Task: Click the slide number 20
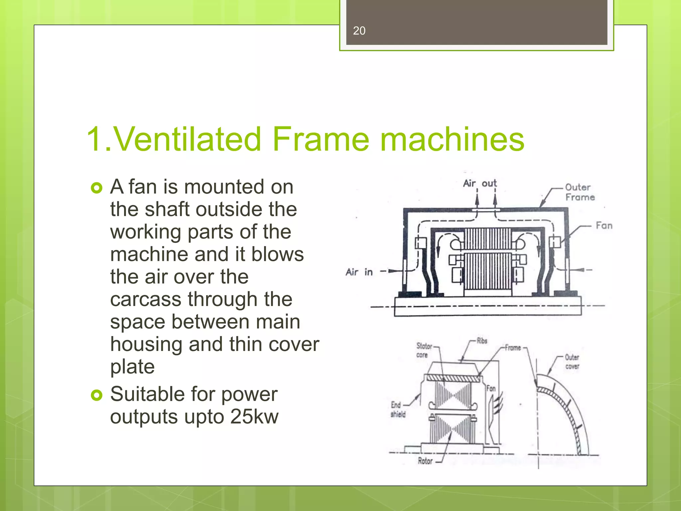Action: tap(359, 31)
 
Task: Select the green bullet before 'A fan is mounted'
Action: tap(96, 188)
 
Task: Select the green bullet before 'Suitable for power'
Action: tap(96, 396)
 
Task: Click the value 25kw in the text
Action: tap(254, 417)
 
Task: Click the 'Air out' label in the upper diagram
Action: tap(479, 183)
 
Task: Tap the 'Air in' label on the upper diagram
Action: tap(359, 272)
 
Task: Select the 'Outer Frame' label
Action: tap(580, 192)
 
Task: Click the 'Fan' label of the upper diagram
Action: tap(604, 226)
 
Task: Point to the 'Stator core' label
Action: tap(424, 350)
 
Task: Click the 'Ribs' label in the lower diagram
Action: tap(482, 341)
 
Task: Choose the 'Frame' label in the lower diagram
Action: tap(513, 348)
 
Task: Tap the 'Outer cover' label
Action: tap(572, 362)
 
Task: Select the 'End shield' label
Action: tap(398, 410)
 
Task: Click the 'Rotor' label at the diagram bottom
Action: tap(425, 461)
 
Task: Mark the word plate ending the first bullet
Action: tap(132, 367)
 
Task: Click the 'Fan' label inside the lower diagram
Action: tap(491, 388)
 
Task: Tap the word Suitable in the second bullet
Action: tap(147, 395)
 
